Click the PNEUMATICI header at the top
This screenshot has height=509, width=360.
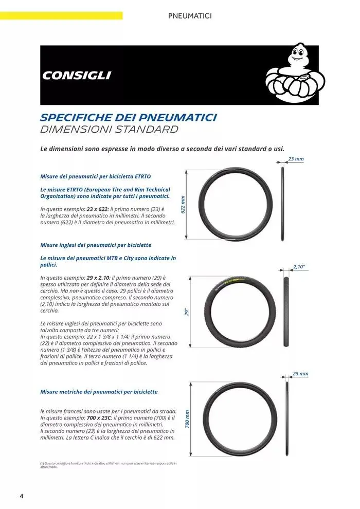[x=190, y=16]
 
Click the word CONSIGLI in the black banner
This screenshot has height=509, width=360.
[x=77, y=76]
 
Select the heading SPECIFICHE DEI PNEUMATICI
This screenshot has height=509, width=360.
[x=128, y=117]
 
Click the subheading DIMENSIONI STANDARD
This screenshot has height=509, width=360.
[x=109, y=129]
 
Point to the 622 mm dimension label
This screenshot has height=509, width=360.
[x=183, y=204]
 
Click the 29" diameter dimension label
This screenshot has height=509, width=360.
[x=187, y=311]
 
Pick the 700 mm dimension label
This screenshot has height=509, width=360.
[x=188, y=419]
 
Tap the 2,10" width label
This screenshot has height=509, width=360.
[x=299, y=266]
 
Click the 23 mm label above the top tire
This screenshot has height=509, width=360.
[x=296, y=159]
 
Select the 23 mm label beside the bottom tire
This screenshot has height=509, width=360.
[x=300, y=374]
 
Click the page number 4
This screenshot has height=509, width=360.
[x=21, y=496]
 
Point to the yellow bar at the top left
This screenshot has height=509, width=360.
[x=61, y=15]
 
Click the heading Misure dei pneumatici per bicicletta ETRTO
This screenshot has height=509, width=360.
[x=95, y=176]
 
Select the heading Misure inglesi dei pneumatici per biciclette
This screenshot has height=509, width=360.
[x=96, y=245]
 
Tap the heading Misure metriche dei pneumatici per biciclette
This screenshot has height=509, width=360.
[x=99, y=392]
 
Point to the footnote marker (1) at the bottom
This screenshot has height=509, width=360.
[x=42, y=463]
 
